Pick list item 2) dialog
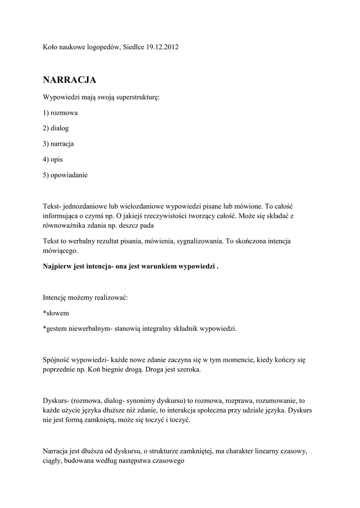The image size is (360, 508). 56,128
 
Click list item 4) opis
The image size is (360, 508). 53,159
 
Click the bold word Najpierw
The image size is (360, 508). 57,266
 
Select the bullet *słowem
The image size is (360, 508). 56,313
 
